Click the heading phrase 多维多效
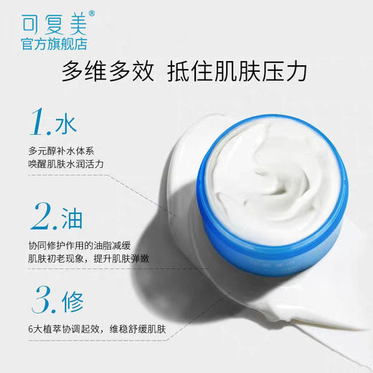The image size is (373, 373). click(x=107, y=72)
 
